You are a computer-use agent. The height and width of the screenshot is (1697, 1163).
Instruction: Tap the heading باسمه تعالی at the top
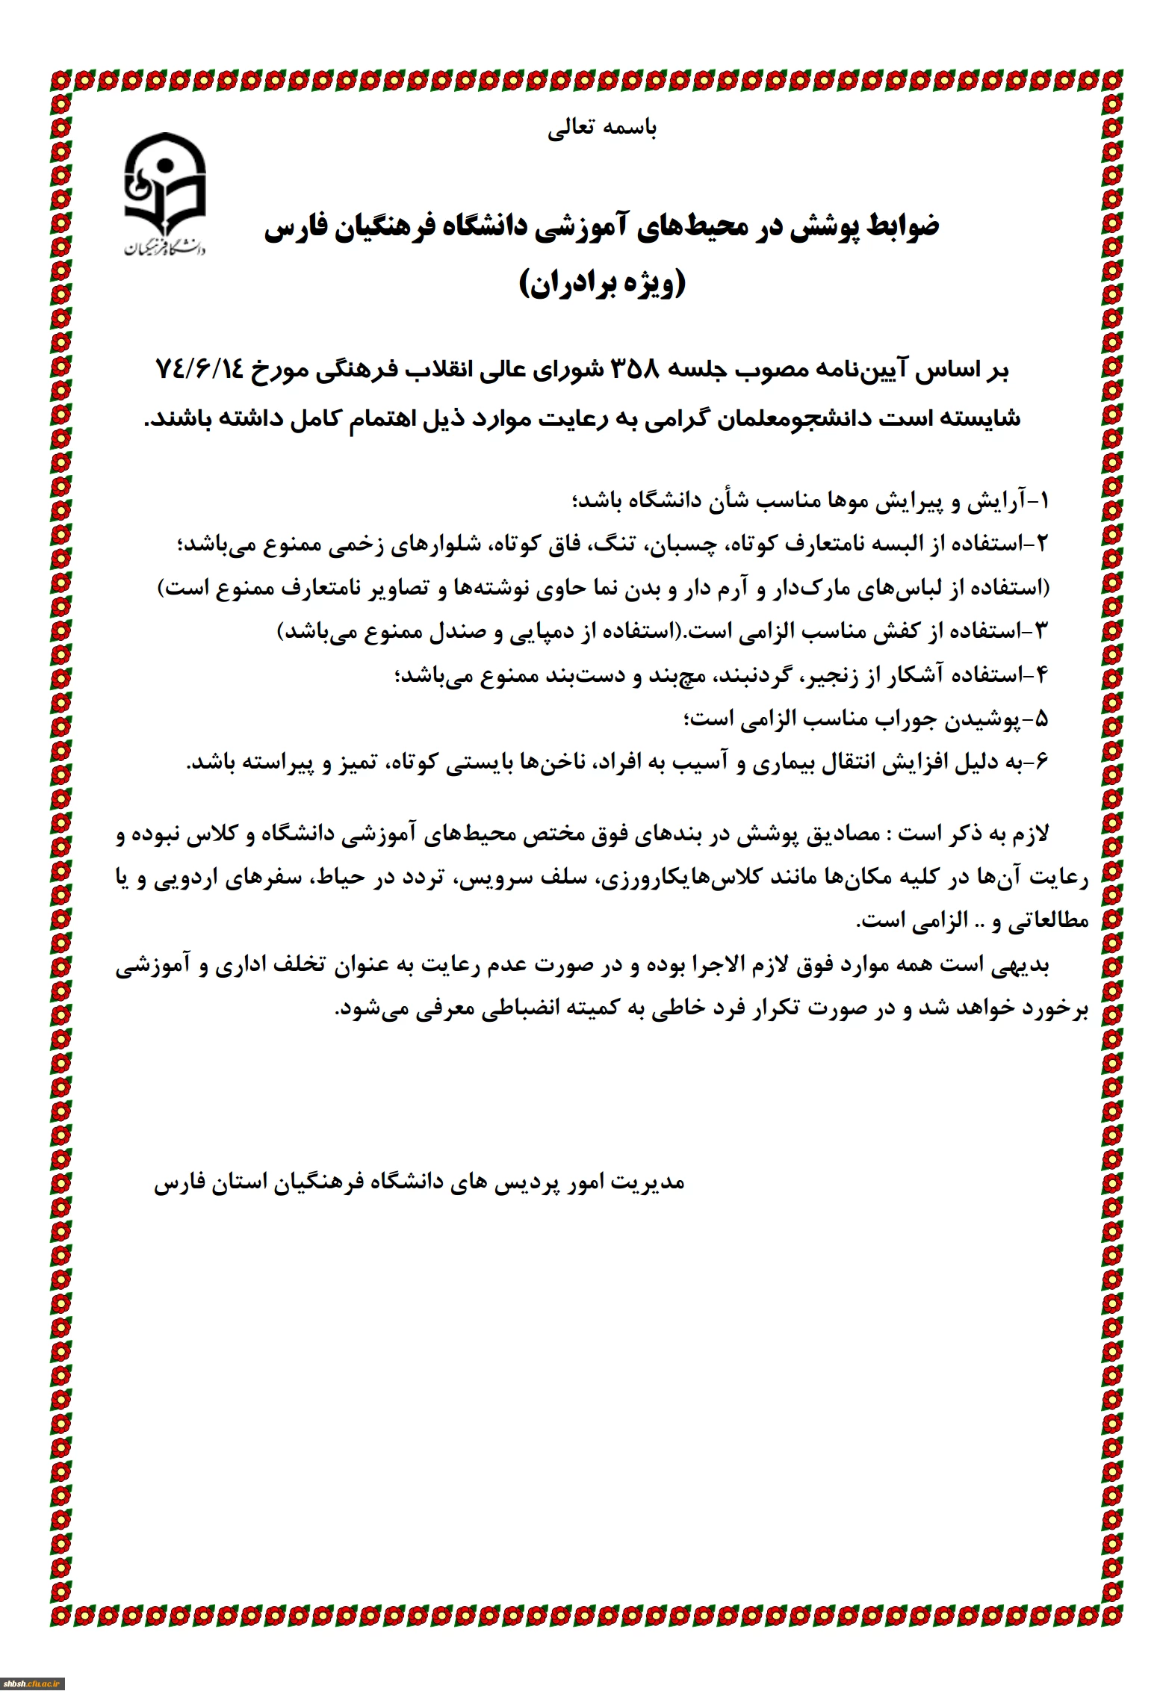click(602, 129)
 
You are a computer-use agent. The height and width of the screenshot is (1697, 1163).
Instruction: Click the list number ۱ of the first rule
click(1044, 500)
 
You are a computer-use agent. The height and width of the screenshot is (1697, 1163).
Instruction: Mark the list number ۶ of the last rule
click(1043, 762)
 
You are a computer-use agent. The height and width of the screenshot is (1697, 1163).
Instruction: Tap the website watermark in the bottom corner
click(34, 1684)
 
